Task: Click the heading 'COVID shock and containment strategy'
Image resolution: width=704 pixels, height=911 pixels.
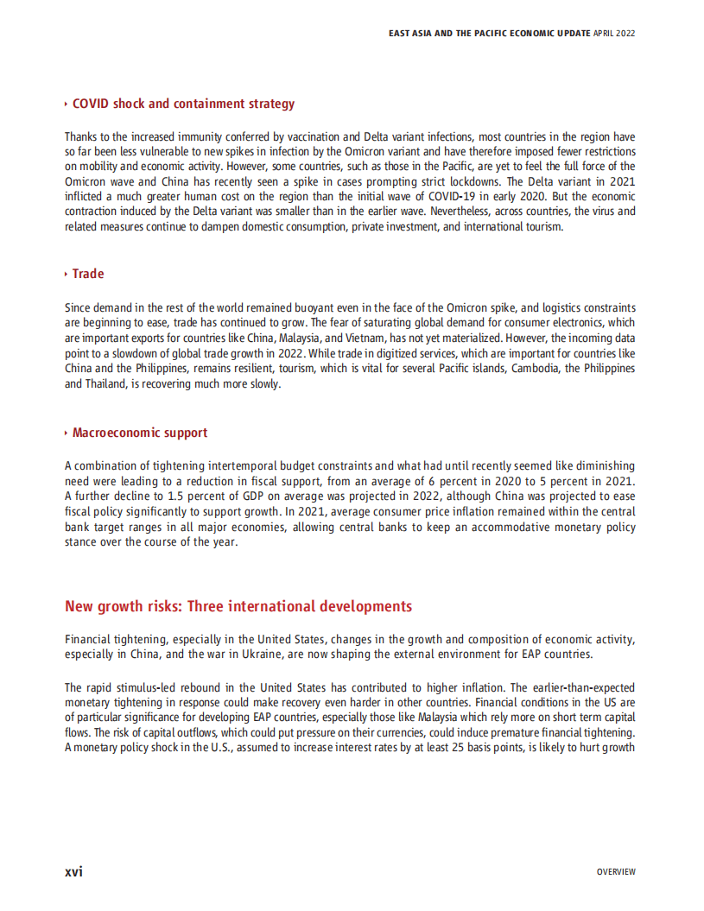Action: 183,104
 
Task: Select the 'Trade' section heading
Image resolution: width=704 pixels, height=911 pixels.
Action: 87,274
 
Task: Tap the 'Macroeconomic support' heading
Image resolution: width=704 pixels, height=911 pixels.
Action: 139,433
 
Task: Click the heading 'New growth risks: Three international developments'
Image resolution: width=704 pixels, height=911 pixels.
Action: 238,606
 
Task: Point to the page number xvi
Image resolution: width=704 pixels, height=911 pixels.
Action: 74,871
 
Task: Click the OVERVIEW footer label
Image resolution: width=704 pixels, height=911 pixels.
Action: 616,872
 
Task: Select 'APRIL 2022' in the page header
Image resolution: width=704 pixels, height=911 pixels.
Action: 614,33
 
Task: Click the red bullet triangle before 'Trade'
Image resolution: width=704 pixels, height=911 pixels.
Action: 67,275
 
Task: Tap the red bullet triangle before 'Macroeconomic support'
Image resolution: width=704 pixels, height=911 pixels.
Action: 67,433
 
